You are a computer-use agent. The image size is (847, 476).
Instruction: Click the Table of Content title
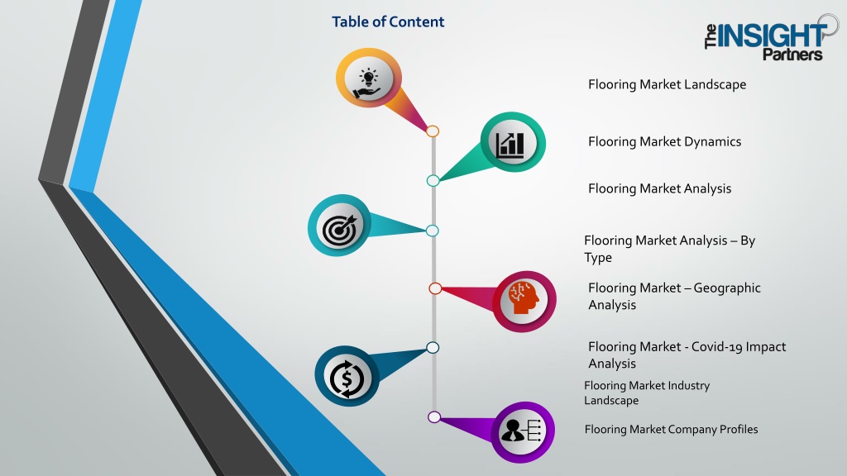coord(388,21)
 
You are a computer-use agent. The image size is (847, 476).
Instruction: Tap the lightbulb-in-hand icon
coord(368,84)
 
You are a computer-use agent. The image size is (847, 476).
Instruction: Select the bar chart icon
coord(510,144)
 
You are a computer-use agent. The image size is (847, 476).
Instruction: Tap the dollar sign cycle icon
coord(347,378)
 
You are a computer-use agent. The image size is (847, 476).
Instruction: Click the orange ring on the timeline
coord(432,131)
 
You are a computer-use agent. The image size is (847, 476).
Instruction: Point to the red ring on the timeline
coord(435,288)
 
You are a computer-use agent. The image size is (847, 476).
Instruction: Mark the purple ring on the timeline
coord(433,416)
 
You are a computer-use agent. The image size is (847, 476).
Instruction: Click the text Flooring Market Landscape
coord(668,85)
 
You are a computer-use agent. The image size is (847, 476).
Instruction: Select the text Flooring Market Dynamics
coord(664,142)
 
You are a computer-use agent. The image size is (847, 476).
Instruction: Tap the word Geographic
coord(727,288)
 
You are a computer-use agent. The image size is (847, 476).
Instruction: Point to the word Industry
coord(689,386)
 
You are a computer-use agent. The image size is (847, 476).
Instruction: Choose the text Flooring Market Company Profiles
coord(671,430)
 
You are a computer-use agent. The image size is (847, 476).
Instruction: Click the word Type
coord(598,258)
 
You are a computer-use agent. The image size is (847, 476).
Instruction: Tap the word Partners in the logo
coord(792,54)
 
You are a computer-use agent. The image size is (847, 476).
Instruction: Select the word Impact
coord(766,347)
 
